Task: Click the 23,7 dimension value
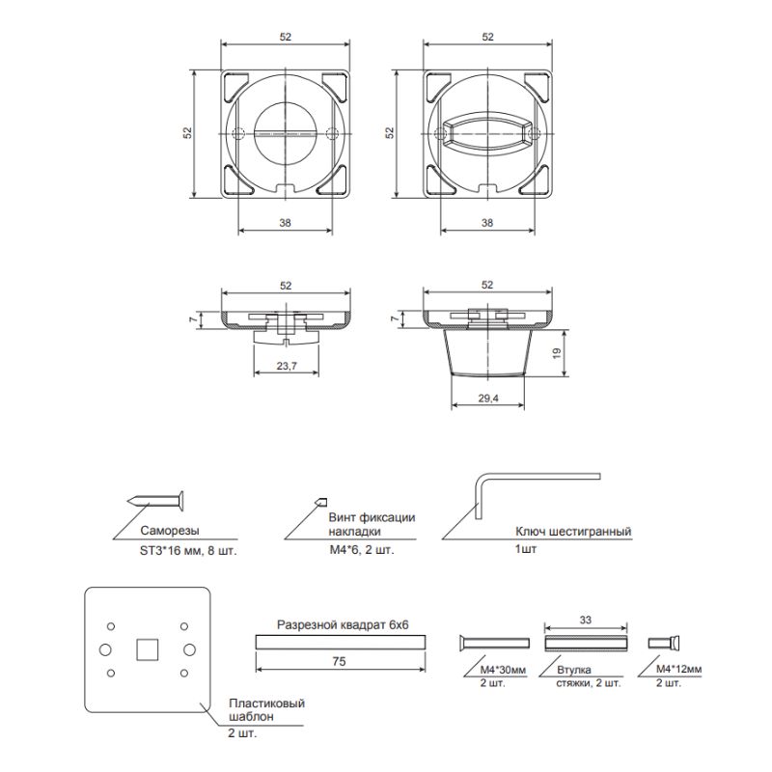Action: (x=287, y=366)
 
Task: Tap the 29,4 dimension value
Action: (x=488, y=399)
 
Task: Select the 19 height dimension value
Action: (x=557, y=353)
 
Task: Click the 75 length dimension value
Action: (x=339, y=661)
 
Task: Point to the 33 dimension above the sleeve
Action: (x=586, y=620)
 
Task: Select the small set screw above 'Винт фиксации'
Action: (x=320, y=502)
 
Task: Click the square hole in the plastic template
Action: (x=148, y=649)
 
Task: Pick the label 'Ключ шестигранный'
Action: (x=573, y=532)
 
